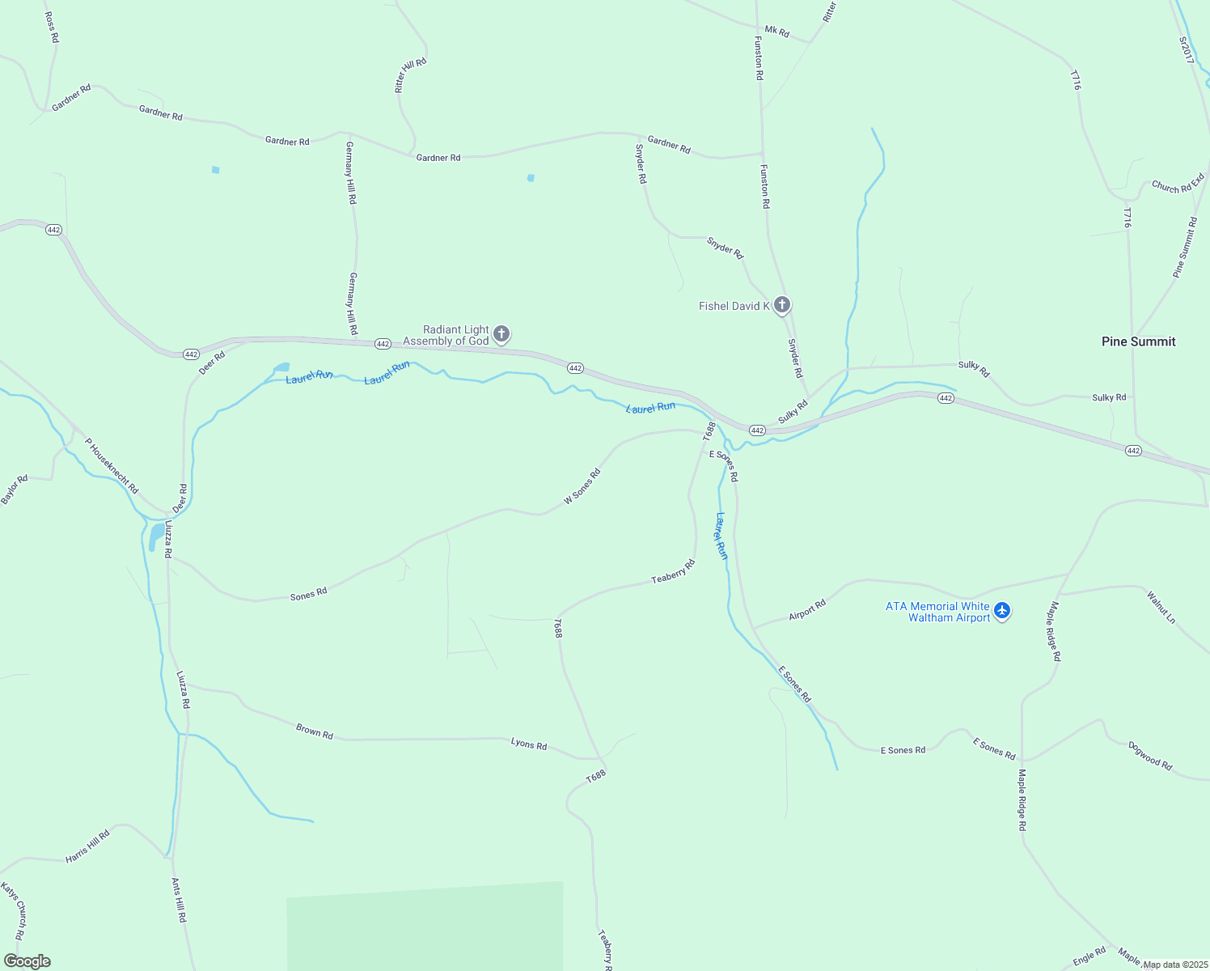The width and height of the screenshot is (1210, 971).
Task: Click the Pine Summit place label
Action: (1138, 341)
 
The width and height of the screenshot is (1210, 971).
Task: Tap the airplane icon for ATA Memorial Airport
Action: (1002, 610)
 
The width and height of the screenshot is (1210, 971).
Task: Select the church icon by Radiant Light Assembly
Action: (501, 333)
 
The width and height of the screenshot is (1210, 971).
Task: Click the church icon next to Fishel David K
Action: (781, 305)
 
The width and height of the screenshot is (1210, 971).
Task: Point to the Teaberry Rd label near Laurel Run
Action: (673, 572)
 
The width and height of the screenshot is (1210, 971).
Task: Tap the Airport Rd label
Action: (807, 610)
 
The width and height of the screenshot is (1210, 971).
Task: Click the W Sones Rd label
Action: (582, 486)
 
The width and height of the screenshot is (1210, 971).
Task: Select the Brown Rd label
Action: (315, 731)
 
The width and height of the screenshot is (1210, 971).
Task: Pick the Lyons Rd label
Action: (529, 744)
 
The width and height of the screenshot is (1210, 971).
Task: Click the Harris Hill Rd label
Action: (87, 846)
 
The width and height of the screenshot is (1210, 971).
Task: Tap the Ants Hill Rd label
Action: (180, 901)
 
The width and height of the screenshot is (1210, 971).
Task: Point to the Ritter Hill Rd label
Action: (410, 75)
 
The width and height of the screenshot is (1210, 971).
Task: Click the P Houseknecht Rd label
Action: (112, 467)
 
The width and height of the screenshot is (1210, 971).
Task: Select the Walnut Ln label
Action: (1161, 607)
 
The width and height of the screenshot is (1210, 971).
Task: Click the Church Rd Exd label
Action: (1178, 183)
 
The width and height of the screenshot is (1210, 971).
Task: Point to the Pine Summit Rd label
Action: (1185, 248)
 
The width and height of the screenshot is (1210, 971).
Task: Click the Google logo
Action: (27, 961)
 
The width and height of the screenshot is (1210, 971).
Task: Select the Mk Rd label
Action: (776, 32)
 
